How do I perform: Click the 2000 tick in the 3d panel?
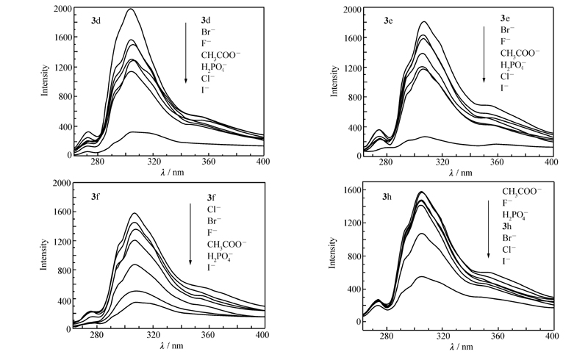60,10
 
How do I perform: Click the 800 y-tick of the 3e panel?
349,98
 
